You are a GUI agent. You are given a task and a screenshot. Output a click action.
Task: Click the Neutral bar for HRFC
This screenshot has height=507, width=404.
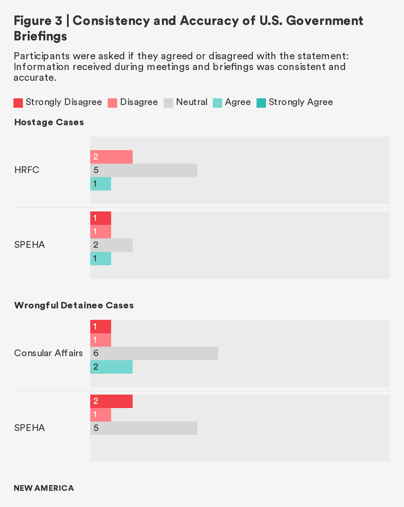[144, 170]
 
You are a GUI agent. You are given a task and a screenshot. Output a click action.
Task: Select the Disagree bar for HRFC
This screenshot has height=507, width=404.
[111, 157]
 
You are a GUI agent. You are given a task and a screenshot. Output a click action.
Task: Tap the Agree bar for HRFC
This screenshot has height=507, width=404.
[101, 184]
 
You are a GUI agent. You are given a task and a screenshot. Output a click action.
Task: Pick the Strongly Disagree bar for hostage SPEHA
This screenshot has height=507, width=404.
[101, 218]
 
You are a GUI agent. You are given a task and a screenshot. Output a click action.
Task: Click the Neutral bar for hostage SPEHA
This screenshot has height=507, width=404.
[111, 245]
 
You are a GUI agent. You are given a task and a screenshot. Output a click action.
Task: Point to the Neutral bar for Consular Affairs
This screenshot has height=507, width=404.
[154, 353]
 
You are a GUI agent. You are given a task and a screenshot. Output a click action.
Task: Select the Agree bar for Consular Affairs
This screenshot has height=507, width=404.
[111, 367]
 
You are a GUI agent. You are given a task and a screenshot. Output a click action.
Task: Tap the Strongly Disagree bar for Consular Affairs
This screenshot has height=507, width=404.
[101, 327]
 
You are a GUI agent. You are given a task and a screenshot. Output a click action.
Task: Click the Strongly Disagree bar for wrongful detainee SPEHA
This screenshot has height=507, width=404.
[111, 401]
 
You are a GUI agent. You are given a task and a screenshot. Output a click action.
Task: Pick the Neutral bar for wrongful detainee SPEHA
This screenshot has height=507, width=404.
[144, 428]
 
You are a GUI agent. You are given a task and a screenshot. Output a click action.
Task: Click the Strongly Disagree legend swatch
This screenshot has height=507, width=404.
[18, 103]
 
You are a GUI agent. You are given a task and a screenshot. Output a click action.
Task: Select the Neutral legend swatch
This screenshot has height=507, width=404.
[168, 103]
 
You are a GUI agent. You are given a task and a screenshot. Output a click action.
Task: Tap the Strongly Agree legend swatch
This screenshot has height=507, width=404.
[261, 103]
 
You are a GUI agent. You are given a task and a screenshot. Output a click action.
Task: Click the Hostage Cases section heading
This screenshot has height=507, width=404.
[49, 122]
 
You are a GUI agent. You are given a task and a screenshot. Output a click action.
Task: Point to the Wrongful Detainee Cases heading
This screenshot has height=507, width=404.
[74, 305]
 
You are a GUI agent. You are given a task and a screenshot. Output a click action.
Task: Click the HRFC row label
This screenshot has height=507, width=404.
[27, 170]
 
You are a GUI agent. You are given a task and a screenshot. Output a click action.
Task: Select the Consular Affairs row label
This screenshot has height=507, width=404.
[48, 353]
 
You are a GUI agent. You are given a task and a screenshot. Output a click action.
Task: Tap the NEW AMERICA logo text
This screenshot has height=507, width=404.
[44, 488]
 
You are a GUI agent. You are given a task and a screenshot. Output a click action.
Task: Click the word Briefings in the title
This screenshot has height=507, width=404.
[40, 36]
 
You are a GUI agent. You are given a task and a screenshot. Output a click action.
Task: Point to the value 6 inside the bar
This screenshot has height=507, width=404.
[96, 353]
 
